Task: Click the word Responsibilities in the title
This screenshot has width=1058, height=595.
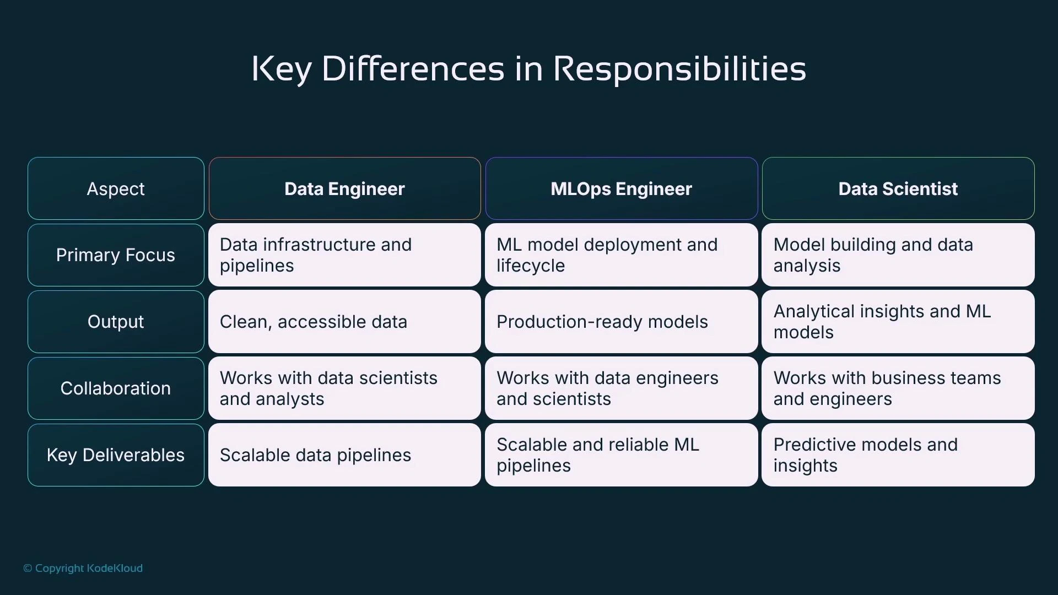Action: (679, 69)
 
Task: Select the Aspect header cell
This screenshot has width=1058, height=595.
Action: (116, 189)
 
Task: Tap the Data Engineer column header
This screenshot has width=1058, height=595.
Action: (344, 189)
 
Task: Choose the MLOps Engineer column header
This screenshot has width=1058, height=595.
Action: (621, 189)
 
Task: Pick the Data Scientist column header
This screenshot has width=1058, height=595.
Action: (898, 189)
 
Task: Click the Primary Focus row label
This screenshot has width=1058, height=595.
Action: (116, 255)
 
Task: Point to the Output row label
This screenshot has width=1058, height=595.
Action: (116, 322)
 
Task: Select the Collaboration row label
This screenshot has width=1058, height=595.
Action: (116, 388)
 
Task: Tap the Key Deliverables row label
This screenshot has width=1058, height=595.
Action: (116, 455)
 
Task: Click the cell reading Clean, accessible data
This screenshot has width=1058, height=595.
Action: (344, 322)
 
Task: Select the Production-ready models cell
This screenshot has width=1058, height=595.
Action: (621, 322)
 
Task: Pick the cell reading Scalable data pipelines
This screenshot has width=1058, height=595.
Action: (344, 455)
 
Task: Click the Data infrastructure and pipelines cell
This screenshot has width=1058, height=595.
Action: (344, 255)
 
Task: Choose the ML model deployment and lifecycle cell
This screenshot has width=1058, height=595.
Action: (621, 255)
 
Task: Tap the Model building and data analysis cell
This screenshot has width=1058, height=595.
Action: (898, 255)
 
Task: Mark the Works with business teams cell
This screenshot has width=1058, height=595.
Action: (898, 388)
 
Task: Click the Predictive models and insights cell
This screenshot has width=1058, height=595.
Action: (898, 455)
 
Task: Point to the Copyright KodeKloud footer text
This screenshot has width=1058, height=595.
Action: (83, 568)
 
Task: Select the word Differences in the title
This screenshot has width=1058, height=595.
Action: (413, 69)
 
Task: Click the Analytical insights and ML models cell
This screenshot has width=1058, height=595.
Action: (898, 322)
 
